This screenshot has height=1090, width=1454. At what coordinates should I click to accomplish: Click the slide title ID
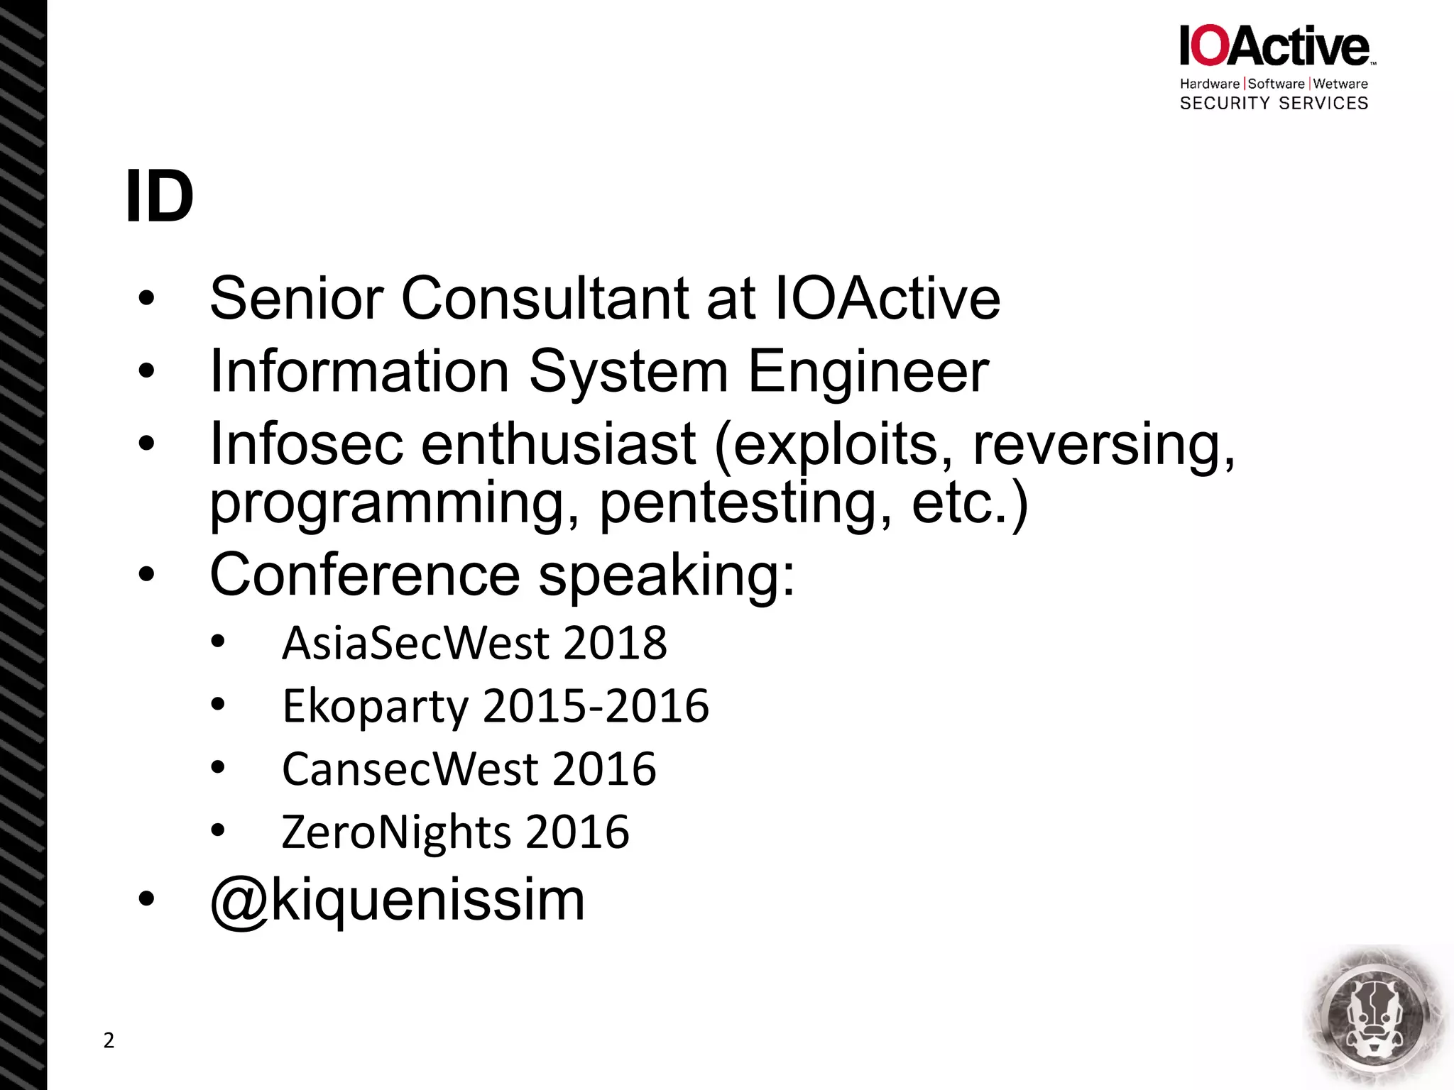[159, 197]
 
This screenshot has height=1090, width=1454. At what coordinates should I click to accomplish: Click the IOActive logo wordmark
[1275, 46]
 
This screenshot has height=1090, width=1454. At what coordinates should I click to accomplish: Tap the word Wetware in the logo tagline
[1340, 84]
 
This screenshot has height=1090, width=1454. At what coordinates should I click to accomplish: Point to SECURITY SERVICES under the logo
[1274, 104]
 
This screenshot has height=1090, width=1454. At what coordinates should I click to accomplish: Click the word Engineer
[868, 371]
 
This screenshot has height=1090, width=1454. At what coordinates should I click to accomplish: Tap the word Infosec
[307, 444]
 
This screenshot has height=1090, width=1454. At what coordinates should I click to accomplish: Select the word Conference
[365, 575]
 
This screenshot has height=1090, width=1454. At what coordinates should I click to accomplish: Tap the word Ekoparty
[376, 707]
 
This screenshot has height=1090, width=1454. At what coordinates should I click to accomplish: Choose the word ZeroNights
[396, 832]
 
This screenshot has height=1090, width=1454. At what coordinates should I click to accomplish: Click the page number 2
[109, 1040]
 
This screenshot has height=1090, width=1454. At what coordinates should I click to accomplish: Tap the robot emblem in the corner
[1376, 1016]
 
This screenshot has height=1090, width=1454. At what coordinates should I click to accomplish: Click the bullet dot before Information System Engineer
[146, 370]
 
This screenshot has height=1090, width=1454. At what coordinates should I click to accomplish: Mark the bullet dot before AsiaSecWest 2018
[218, 642]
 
